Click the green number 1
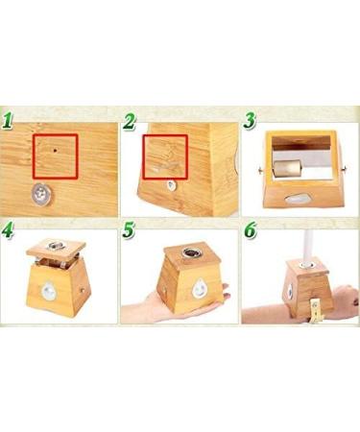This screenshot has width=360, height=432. point(10,121)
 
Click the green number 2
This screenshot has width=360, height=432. point(129,121)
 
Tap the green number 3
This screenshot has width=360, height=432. point(250,121)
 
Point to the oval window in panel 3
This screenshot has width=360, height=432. point(299,199)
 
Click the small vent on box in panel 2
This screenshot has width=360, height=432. point(171,186)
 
